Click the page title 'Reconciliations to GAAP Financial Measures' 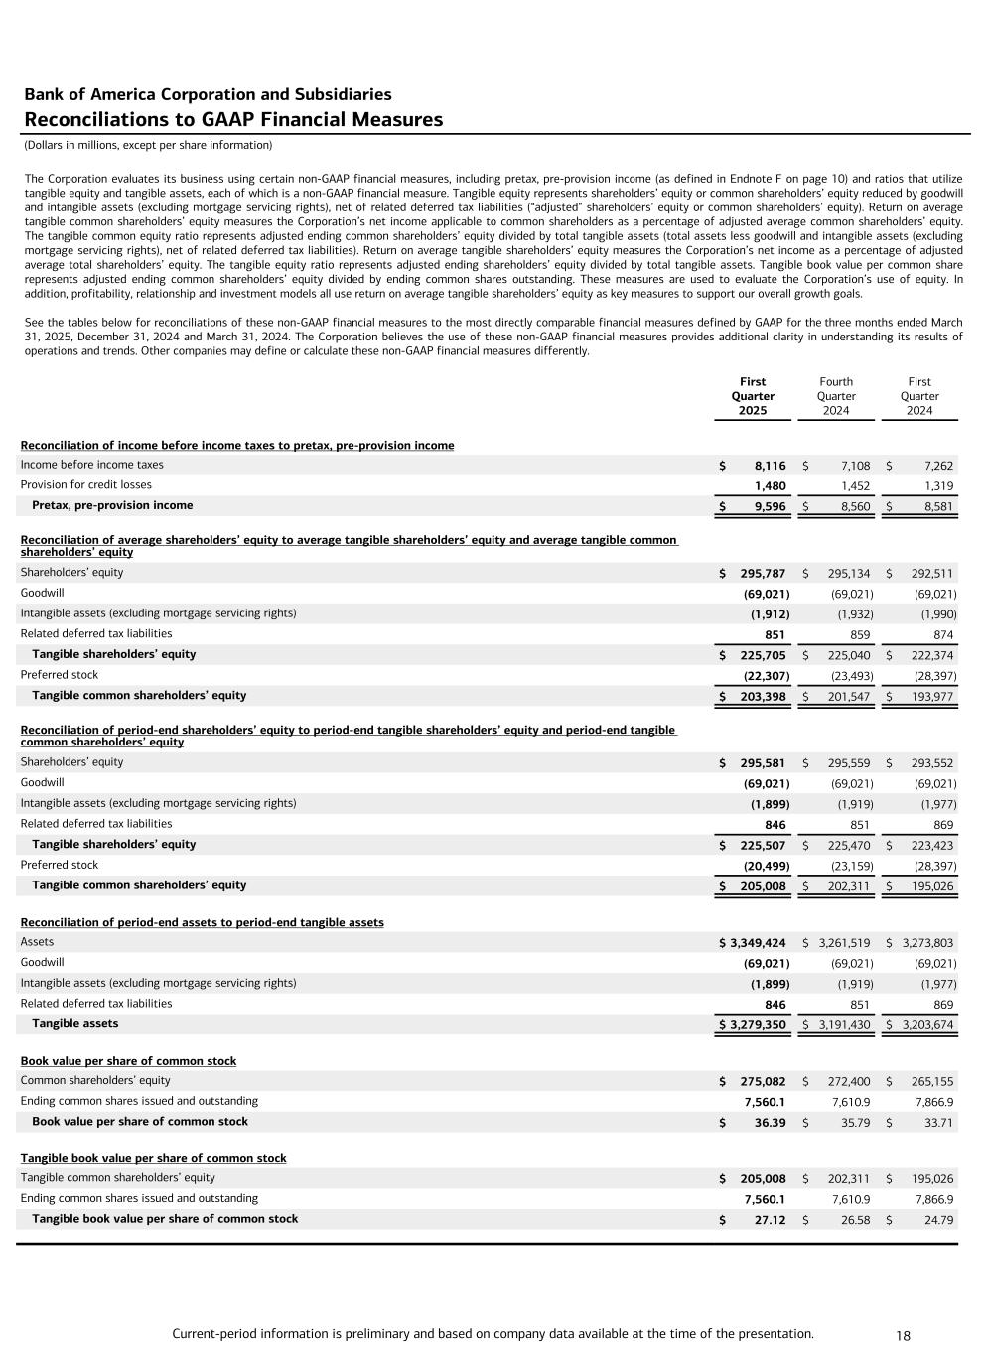[x=233, y=120]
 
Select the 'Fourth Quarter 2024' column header [x=836, y=396]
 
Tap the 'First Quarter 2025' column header [x=753, y=396]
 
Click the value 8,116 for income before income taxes [x=770, y=466]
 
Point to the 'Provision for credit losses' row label [x=86, y=485]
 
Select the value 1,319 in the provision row [x=938, y=486]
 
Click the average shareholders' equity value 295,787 [x=763, y=574]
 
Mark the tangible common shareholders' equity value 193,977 [x=932, y=697]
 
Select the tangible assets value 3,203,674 [x=927, y=1025]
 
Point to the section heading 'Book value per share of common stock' [x=128, y=1061]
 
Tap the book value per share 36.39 [x=770, y=1123]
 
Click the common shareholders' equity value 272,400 [x=849, y=1082]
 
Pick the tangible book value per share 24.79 [x=938, y=1220]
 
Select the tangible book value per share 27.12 [x=770, y=1220]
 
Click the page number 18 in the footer [x=903, y=1336]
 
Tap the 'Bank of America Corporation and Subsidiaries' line [x=208, y=95]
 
